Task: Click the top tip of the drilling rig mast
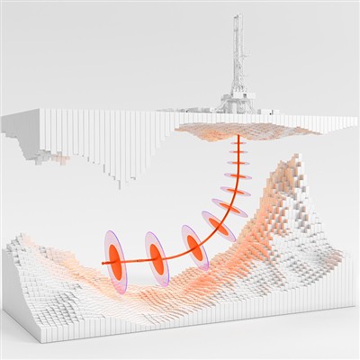click(238, 15)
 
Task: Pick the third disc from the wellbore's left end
click(193, 244)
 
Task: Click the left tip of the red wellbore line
click(102, 262)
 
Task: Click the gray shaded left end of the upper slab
click(11, 126)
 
